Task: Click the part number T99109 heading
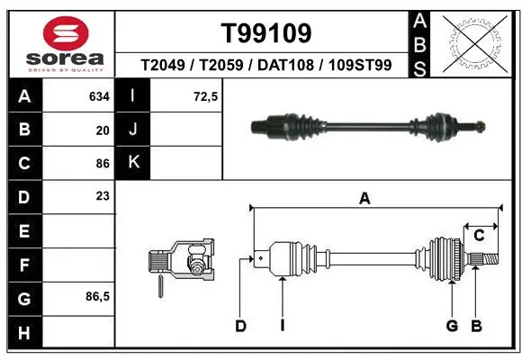click(x=266, y=33)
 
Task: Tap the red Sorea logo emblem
click(x=66, y=33)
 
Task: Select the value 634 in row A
click(x=99, y=96)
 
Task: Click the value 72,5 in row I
click(x=205, y=96)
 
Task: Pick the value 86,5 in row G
click(x=97, y=296)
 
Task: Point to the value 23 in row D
click(x=103, y=196)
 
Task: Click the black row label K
click(x=133, y=162)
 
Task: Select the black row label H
click(x=25, y=333)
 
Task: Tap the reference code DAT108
click(x=285, y=65)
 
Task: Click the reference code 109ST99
click(x=360, y=65)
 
